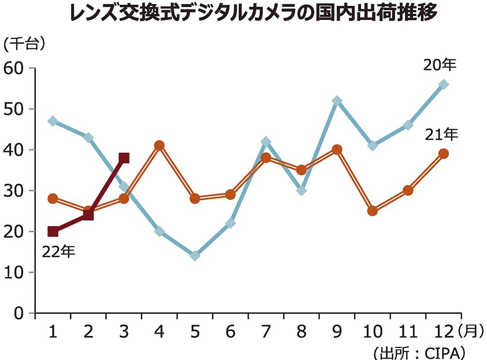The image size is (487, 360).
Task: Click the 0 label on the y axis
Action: (x=19, y=313)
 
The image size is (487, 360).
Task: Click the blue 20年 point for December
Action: (x=444, y=84)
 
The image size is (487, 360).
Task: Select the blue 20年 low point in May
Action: (x=195, y=256)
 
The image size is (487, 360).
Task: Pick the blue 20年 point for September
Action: (x=337, y=101)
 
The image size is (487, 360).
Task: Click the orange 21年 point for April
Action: (x=159, y=145)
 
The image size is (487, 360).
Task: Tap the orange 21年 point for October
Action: (x=373, y=211)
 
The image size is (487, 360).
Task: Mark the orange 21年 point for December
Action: (x=444, y=153)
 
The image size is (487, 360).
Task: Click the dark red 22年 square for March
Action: (x=124, y=158)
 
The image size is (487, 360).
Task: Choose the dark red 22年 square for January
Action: (x=53, y=231)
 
